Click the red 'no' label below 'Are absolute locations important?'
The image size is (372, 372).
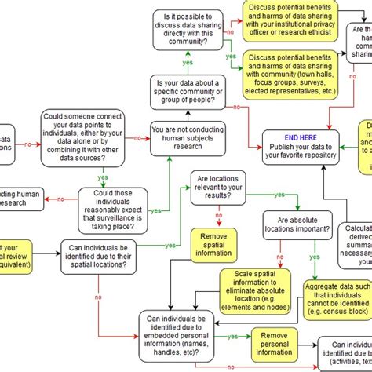click(x=279, y=258)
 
